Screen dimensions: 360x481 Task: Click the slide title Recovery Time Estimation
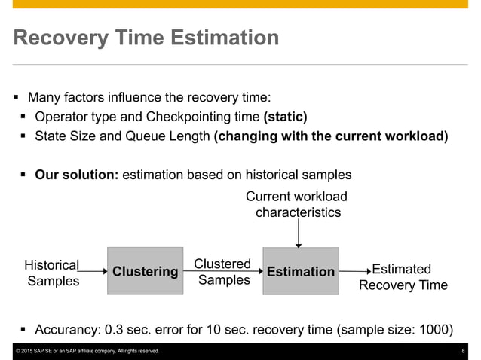146,38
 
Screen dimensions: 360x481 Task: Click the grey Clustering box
145,271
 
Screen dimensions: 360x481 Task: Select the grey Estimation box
300,271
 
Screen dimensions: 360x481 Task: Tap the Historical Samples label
52,273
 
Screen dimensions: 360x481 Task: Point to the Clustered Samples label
222,272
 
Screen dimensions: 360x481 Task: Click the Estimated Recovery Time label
403,277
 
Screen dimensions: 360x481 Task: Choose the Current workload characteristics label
298,204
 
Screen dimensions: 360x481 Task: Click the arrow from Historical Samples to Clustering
93,270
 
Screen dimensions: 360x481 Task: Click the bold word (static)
285,117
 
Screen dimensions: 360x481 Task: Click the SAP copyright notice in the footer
87,352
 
